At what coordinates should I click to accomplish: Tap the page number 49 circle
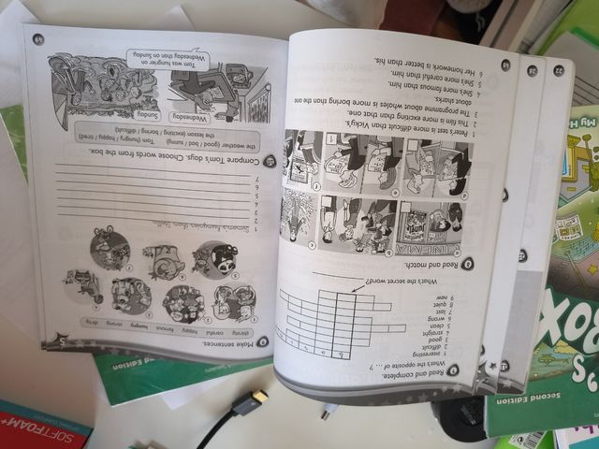(38, 39)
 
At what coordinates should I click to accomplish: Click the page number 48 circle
(504, 65)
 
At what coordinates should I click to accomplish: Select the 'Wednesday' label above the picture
(198, 118)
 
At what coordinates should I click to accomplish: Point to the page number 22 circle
(558, 72)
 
